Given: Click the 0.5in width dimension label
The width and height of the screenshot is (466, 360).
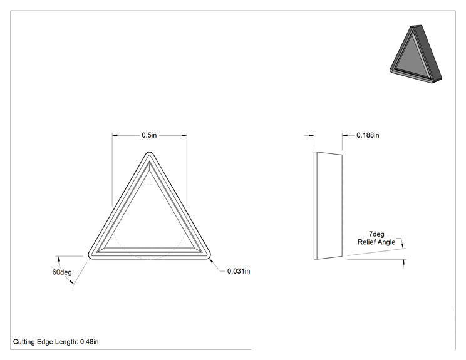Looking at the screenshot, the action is (149, 135).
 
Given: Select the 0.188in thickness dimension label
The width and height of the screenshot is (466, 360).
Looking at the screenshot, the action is (368, 135).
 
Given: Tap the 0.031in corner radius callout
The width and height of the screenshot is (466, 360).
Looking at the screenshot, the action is (239, 271).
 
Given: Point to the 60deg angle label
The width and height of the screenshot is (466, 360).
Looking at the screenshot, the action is (62, 272).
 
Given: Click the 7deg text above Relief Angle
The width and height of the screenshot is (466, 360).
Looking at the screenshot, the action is (376, 234).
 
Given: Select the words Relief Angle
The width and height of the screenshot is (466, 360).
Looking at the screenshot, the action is (376, 242).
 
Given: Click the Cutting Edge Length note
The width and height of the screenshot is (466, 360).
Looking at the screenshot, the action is (56, 342).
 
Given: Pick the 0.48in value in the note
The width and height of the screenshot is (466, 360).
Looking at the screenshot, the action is (90, 342).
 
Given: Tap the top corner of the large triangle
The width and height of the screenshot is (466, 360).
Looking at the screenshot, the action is (149, 152).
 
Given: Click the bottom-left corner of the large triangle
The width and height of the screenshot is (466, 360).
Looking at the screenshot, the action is (90, 257).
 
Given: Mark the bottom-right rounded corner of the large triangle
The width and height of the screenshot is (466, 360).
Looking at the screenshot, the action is (209, 257).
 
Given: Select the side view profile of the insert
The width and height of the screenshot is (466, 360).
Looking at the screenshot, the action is (328, 205).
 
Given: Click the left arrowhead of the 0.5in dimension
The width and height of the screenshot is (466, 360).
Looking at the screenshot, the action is (115, 135).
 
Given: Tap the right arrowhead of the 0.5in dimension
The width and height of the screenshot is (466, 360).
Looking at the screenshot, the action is (184, 135).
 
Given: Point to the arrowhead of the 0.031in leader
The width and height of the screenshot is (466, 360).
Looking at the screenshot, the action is (210, 260).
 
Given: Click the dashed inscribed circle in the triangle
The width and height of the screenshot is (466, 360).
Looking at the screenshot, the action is (149, 185).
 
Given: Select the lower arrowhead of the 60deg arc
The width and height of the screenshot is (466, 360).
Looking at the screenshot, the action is (71, 283).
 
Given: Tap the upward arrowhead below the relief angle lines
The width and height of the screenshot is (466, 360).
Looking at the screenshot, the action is (404, 262).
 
